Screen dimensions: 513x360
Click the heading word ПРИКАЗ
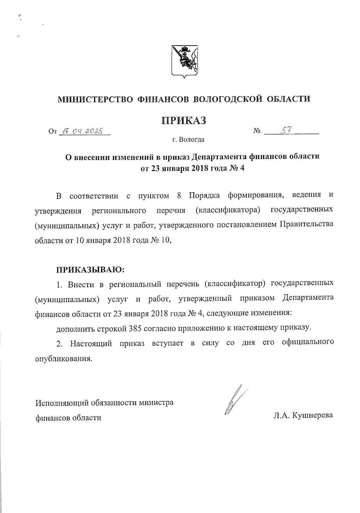click(184, 120)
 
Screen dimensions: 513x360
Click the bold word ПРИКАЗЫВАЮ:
click(90, 269)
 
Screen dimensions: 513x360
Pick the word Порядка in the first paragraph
click(204, 195)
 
